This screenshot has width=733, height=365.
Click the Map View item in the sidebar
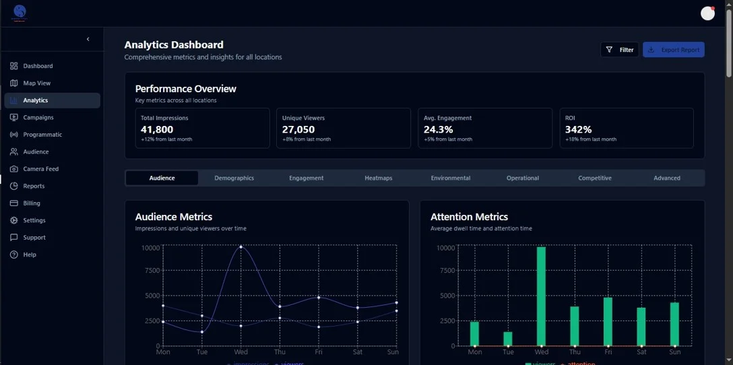[x=37, y=84]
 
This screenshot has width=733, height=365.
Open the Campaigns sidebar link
[x=38, y=118]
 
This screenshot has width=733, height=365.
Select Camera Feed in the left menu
[x=40, y=169]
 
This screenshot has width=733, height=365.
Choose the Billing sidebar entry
[x=32, y=203]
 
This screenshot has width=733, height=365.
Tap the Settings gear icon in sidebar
[x=14, y=220]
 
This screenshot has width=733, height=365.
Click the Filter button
[x=619, y=50]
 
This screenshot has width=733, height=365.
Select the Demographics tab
[x=234, y=178]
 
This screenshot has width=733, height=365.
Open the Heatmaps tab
[x=378, y=178]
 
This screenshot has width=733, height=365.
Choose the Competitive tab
[x=594, y=178]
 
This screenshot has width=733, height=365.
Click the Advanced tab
[x=666, y=178]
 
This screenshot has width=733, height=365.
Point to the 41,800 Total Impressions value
[x=157, y=129]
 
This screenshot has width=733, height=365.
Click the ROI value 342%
[x=578, y=129]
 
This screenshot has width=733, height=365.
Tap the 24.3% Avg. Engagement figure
[x=438, y=129]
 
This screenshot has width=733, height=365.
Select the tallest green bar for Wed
[x=541, y=296]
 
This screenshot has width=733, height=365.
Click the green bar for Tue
[x=508, y=339]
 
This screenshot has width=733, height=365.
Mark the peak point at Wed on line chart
[x=241, y=247]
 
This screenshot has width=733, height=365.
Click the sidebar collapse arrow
[x=88, y=39]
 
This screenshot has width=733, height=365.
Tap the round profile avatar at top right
[x=707, y=13]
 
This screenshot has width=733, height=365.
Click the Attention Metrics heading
[x=469, y=217]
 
